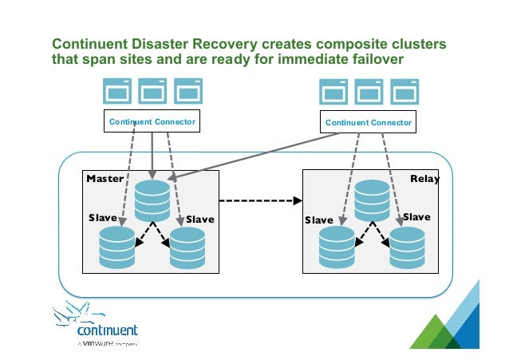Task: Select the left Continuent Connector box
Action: tap(152, 122)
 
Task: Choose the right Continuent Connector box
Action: tap(368, 123)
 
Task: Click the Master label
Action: tap(105, 179)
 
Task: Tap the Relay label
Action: tap(424, 179)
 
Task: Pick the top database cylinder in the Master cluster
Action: tap(152, 200)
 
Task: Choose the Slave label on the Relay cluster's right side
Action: tap(416, 217)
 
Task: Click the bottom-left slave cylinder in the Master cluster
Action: tap(116, 247)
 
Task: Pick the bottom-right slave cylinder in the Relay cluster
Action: tap(407, 247)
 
